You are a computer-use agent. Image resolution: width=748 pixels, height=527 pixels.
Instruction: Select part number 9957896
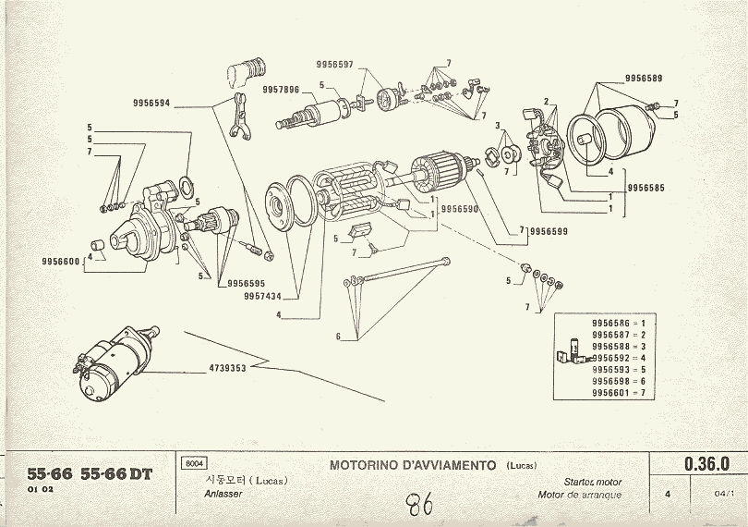[x=281, y=89]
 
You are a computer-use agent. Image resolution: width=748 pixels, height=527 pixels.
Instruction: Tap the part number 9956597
[x=334, y=64]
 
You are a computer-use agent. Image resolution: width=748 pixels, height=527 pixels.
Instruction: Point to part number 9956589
[x=643, y=79]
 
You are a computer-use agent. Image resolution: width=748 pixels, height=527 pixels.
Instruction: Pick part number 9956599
[x=549, y=231]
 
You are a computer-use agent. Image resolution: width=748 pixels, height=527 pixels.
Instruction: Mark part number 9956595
[x=246, y=283]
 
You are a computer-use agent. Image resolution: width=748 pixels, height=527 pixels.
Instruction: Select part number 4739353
[x=228, y=368]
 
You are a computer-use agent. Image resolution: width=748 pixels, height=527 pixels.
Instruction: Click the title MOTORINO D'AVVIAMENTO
[x=414, y=465]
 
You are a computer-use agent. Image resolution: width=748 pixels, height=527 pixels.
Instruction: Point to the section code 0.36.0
[x=707, y=463]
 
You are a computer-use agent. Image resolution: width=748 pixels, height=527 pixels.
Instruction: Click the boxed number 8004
[x=195, y=463]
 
